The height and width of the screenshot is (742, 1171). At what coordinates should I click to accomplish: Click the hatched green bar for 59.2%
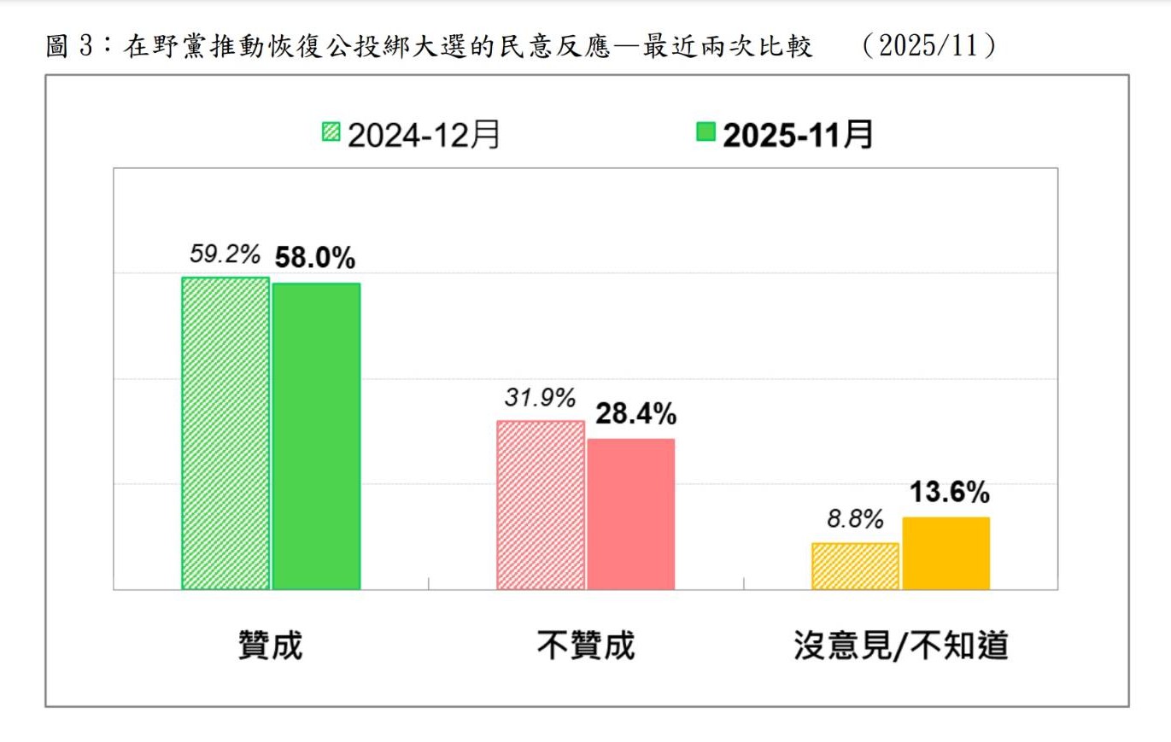click(225, 433)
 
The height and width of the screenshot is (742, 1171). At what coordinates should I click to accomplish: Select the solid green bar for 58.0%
click(316, 435)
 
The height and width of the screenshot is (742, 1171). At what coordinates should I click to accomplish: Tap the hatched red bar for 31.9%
click(541, 505)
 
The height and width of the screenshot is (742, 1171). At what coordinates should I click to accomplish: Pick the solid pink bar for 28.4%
click(630, 514)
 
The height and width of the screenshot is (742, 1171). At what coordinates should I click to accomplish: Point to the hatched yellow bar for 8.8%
click(855, 566)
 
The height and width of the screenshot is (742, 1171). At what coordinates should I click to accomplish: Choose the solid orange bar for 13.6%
click(946, 553)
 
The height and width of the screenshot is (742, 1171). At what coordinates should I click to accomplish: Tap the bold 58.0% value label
click(313, 259)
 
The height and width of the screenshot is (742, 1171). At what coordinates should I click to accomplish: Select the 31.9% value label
click(539, 398)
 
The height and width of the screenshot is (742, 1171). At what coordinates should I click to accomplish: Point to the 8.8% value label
click(855, 520)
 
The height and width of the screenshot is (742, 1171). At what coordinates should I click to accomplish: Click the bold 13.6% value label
click(949, 493)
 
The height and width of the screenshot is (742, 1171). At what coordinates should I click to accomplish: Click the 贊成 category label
click(270, 646)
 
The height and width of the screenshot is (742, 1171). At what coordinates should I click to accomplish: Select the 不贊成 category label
click(585, 646)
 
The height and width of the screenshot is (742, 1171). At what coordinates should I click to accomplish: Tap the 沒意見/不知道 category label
click(901, 646)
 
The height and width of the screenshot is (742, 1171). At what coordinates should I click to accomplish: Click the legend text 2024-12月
click(424, 134)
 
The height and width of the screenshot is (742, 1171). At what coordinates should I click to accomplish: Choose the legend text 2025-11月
click(798, 134)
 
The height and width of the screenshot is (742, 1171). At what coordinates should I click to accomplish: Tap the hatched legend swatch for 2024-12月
click(331, 132)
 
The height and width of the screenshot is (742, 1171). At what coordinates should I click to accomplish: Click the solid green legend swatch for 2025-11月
click(706, 132)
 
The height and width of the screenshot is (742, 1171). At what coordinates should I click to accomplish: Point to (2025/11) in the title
click(929, 45)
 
